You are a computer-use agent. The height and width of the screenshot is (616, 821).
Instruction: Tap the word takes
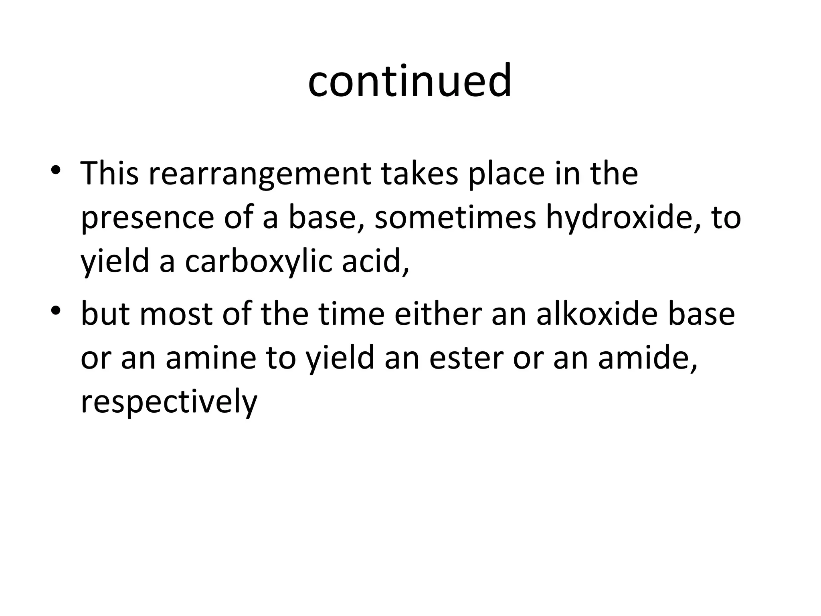419,173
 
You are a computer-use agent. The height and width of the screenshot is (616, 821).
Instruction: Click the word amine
211,358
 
